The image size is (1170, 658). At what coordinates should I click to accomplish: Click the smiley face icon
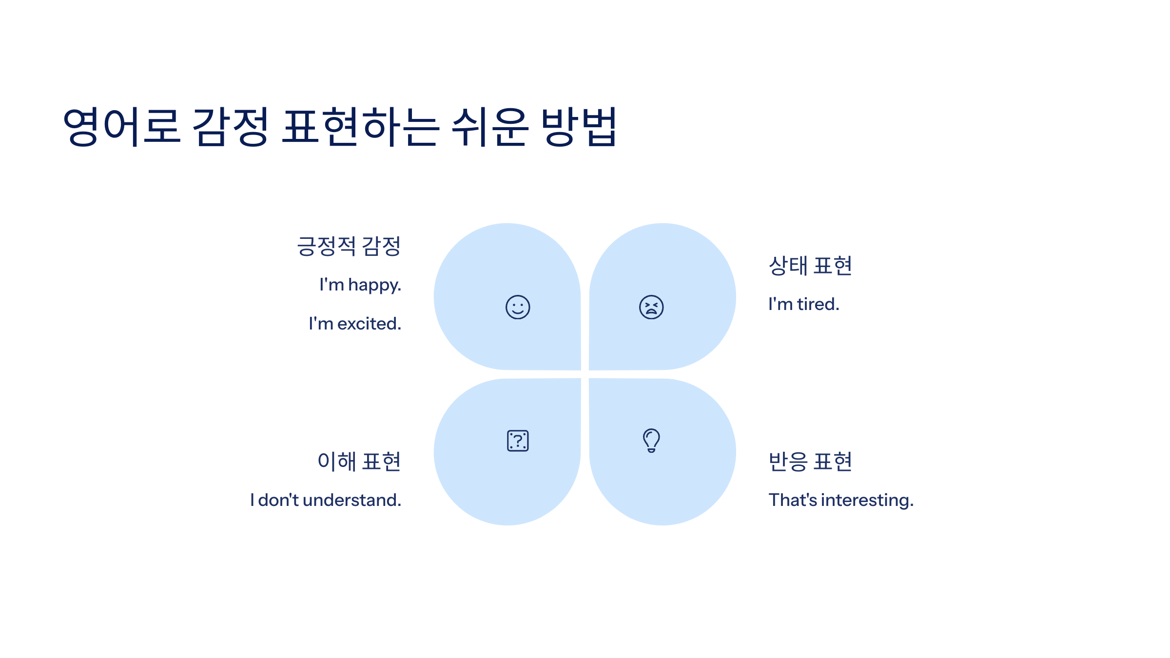[518, 307]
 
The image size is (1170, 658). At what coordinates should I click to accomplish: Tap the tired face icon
[651, 307]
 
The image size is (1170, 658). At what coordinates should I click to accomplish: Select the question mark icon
[518, 441]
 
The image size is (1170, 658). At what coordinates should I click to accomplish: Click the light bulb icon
[651, 440]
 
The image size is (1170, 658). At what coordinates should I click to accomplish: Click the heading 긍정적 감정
[349, 246]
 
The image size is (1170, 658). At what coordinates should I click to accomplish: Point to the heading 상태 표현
[810, 266]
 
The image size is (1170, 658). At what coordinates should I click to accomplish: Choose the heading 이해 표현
[359, 462]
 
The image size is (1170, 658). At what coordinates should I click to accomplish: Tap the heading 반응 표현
[810, 462]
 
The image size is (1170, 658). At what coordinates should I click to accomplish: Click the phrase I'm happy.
[360, 285]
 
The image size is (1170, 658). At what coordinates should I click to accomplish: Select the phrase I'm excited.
[355, 324]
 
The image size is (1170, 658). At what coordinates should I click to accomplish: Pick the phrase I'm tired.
[804, 304]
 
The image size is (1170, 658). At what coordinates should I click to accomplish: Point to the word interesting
[867, 501]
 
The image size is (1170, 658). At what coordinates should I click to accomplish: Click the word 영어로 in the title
[122, 127]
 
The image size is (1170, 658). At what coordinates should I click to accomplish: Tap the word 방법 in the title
[580, 127]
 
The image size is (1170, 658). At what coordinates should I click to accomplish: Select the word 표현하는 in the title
[361, 127]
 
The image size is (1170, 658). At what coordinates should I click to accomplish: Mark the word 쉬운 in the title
[489, 127]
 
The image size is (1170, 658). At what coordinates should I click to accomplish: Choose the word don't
[278, 500]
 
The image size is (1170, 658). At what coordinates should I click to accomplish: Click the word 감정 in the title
[231, 127]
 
